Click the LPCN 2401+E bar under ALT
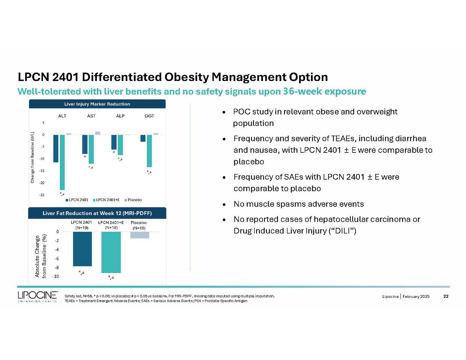pos(62,162)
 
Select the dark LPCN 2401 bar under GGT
pos(143,138)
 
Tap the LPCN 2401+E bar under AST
pos(91,149)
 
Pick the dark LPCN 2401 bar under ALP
pos(114,142)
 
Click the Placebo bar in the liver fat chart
pos(140,235)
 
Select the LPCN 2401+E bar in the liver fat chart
pos(111,252)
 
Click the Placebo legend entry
pos(133,200)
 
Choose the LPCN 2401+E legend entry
pos(106,200)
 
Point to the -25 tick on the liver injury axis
pos(42,195)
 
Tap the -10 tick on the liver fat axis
pos(55,276)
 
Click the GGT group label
pos(149,116)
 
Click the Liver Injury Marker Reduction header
pos(97,104)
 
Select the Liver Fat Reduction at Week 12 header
pos(97,213)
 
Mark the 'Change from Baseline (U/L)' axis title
pos(32,157)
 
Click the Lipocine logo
pos(38,297)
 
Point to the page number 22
pos(446,296)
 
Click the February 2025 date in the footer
pos(416,297)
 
